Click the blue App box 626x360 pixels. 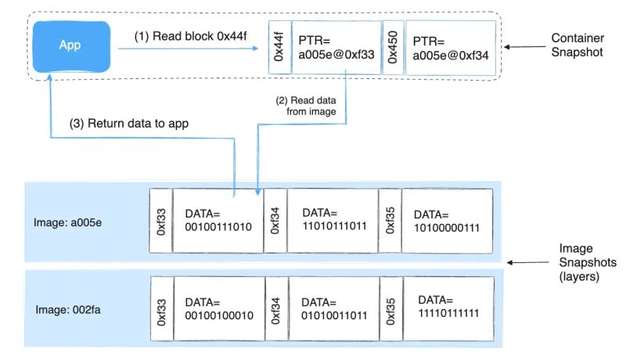(x=71, y=45)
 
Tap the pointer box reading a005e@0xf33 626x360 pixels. (x=334, y=48)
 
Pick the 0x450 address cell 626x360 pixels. (x=394, y=48)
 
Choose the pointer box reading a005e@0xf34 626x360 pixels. (x=450, y=48)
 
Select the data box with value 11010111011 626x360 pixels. (x=333, y=221)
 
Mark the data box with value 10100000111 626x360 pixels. (x=447, y=221)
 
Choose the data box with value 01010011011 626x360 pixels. (x=333, y=308)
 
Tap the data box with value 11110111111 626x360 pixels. (x=447, y=308)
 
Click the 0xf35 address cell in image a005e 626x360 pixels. (x=390, y=221)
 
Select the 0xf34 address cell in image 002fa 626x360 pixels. (x=276, y=308)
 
